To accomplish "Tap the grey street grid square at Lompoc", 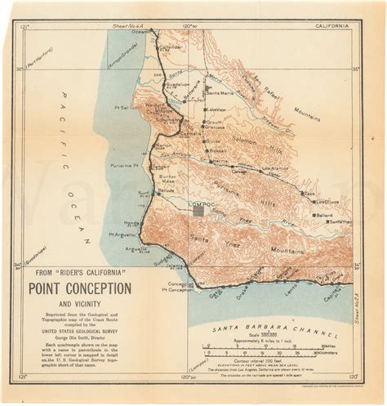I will [199, 211].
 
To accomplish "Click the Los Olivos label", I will [327, 201].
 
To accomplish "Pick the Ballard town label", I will [324, 215].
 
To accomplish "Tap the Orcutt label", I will [215, 122].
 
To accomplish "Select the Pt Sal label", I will [123, 107].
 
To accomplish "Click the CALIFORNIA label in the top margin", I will [335, 26].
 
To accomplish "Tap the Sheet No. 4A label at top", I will [136, 25].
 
